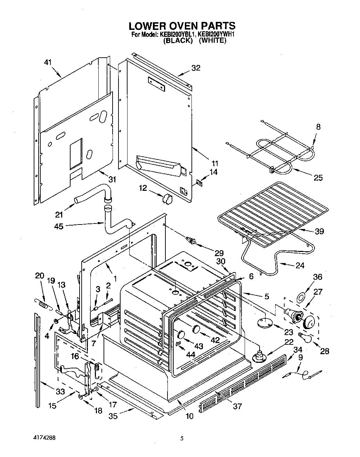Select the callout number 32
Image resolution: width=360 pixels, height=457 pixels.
[196, 68]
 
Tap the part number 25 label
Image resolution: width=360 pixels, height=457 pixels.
[318, 178]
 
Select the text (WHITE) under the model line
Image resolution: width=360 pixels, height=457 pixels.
[213, 41]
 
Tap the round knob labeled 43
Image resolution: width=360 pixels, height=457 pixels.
[180, 334]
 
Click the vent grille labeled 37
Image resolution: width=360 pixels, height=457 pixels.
[243, 382]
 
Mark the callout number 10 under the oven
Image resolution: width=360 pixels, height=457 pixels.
[190, 415]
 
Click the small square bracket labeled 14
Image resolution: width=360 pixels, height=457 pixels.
[199, 181]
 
